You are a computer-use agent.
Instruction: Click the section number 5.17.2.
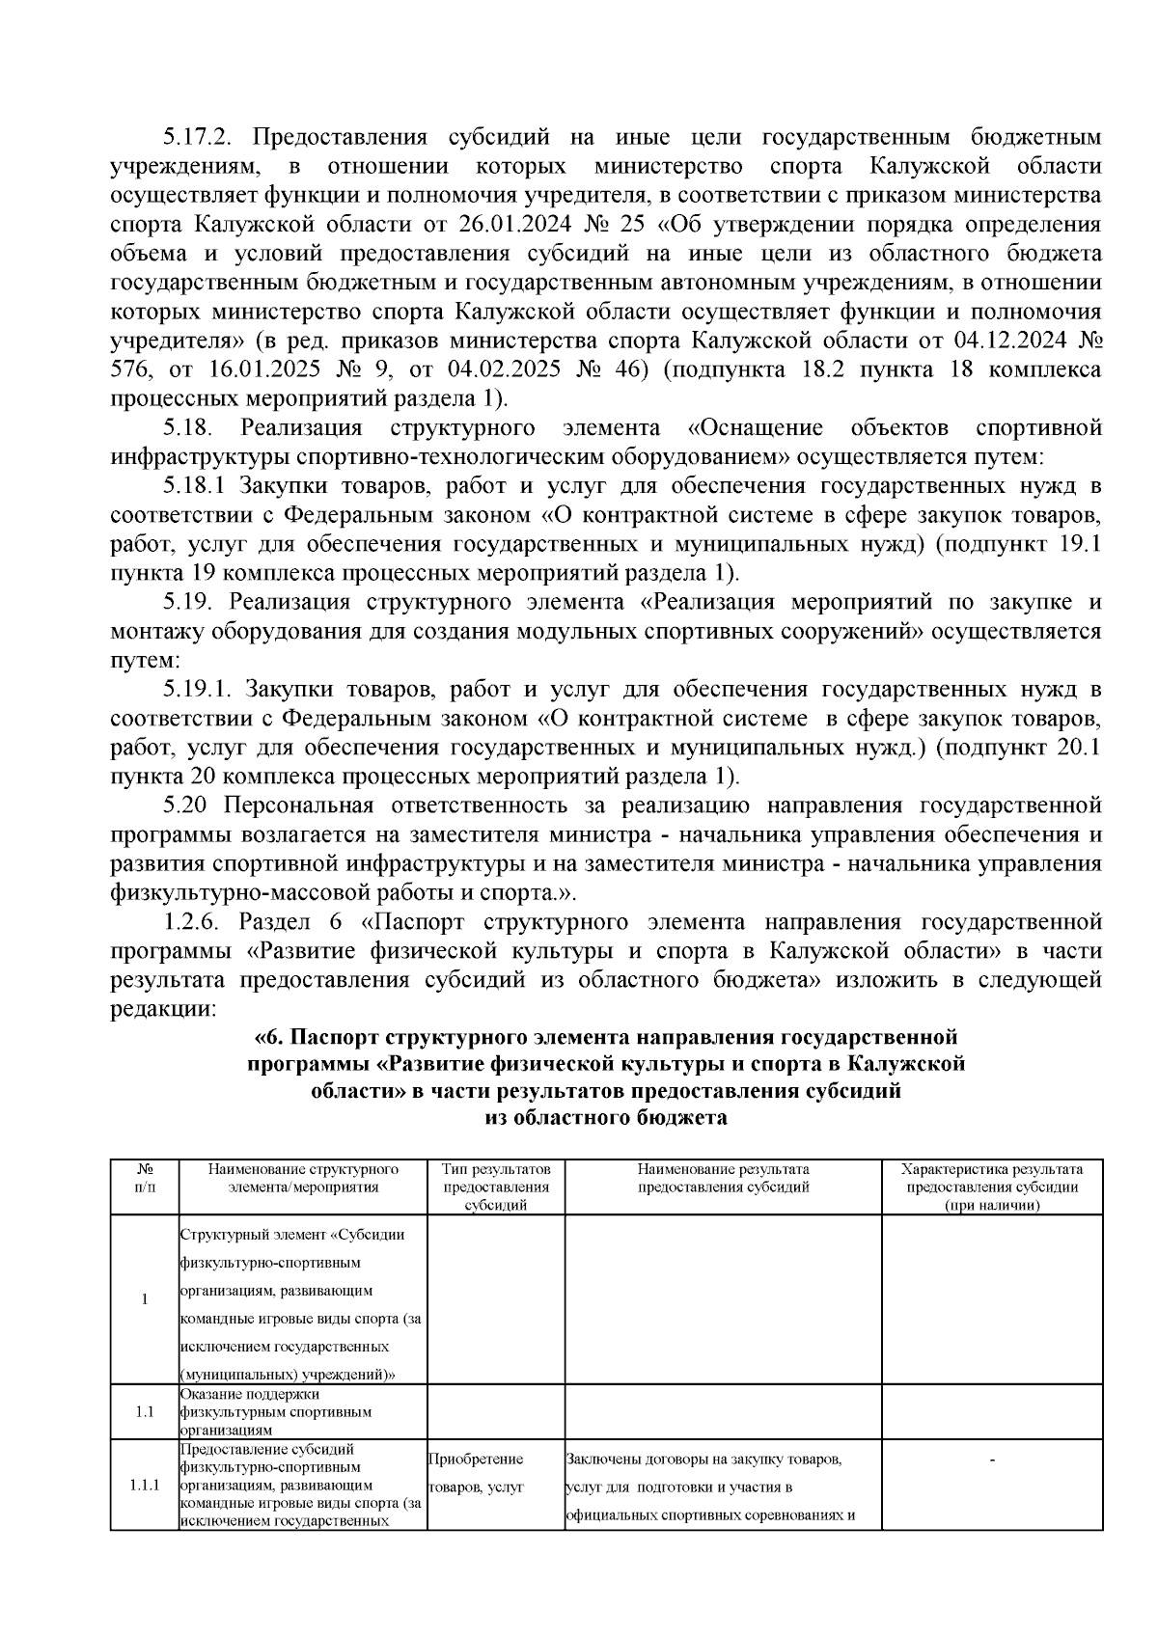tap(197, 137)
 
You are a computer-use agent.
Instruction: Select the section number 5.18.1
tap(197, 486)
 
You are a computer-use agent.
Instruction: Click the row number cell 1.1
tap(144, 1411)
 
